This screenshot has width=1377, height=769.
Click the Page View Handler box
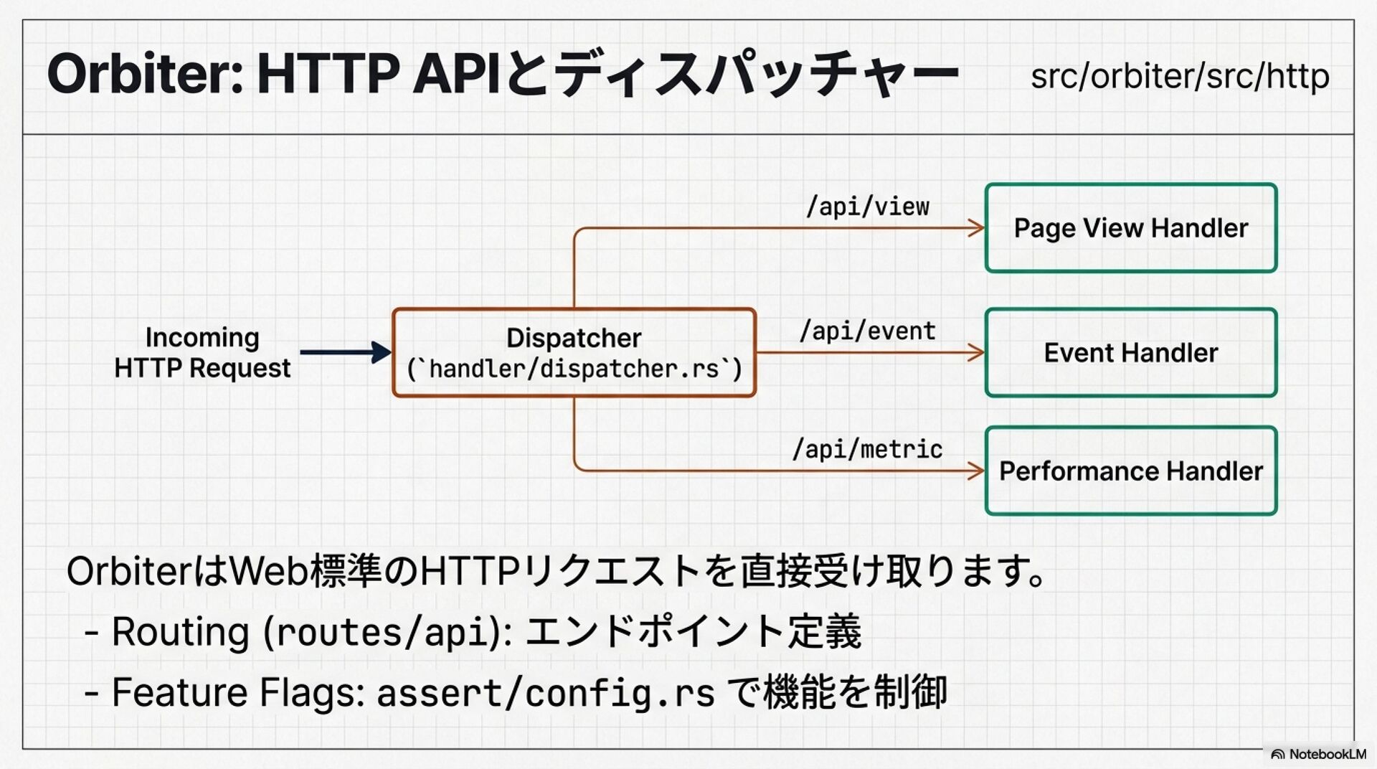click(1131, 228)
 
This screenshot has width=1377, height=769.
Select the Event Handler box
click(1131, 353)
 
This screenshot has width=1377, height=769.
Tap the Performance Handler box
click(1131, 471)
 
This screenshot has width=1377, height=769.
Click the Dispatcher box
click(574, 353)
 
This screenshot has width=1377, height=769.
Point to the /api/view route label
click(868, 207)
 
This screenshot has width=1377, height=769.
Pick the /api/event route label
click(868, 331)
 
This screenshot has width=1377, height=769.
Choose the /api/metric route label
click(868, 449)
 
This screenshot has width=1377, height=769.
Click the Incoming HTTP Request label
click(202, 352)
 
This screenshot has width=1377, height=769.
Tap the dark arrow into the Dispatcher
click(346, 352)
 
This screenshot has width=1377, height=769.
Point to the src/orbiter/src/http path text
click(1180, 76)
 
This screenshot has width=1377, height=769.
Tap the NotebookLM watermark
click(1318, 754)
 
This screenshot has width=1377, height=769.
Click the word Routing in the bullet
click(181, 632)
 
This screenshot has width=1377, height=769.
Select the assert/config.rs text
click(546, 693)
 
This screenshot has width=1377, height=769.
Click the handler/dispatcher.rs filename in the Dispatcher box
click(574, 369)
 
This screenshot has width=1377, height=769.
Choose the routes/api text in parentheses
click(381, 633)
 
